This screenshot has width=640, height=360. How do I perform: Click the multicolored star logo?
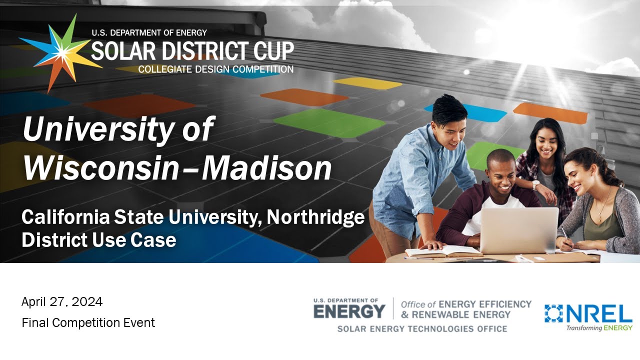tap(60, 53)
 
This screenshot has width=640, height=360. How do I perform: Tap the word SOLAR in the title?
tap(123, 50)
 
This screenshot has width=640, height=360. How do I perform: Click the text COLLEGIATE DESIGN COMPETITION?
tap(215, 69)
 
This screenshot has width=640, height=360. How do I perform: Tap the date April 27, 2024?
tap(62, 301)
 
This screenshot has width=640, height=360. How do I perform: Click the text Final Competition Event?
tap(88, 323)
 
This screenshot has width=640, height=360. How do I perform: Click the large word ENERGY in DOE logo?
tap(349, 311)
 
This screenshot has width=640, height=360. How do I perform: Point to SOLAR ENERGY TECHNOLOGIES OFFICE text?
tap(422, 329)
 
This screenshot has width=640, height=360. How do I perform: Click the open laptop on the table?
tap(518, 230)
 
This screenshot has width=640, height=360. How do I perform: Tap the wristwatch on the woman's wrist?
tap(535, 185)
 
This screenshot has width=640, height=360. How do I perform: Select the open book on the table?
tap(443, 251)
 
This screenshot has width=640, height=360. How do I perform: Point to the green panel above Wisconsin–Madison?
tap(329, 123)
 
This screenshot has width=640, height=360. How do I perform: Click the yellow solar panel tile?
tap(367, 83)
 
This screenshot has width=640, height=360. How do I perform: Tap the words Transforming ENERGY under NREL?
tap(599, 327)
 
